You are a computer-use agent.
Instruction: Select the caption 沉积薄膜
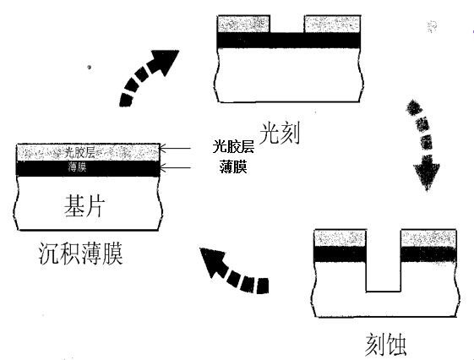81,252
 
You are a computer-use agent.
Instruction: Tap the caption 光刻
282,132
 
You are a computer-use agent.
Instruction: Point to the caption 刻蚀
382,343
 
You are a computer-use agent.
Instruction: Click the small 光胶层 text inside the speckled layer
82,152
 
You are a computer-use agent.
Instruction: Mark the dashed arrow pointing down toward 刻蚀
425,144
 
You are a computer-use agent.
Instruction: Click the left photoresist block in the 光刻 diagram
244,24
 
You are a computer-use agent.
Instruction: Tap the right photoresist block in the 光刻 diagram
331,24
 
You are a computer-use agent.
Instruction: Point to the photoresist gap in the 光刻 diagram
288,24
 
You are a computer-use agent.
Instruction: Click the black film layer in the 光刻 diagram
288,39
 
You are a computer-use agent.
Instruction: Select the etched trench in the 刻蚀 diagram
383,266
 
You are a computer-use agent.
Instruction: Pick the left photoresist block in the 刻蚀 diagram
339,237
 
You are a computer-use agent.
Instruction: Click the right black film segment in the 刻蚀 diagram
428,253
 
